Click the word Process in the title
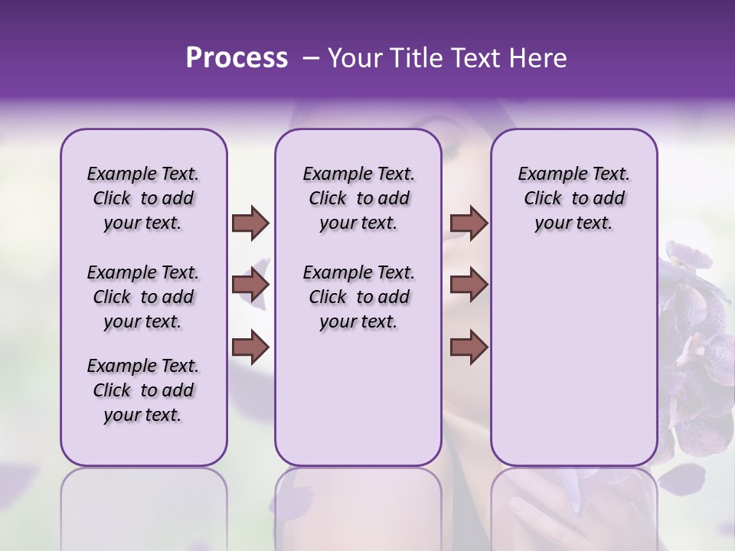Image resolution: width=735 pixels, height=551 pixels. [237, 58]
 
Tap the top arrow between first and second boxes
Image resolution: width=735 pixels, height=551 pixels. [250, 223]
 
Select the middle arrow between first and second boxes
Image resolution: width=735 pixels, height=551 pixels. [250, 285]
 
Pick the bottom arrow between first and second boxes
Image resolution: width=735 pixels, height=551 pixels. [250, 347]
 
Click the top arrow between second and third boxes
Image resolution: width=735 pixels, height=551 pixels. [469, 223]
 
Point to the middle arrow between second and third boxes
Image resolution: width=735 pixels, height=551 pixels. [469, 285]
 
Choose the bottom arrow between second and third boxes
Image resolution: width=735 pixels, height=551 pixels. [469, 347]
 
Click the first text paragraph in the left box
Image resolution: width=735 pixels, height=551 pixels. [143, 198]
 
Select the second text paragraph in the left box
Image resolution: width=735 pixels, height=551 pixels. [143, 297]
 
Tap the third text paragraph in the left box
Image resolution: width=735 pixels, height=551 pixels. [143, 390]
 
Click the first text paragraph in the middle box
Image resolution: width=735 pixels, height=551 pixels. [358, 198]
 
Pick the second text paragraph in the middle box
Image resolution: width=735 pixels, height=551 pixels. [358, 297]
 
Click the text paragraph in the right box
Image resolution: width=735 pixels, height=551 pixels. [573, 198]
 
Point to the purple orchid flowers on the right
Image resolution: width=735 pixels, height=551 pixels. [697, 344]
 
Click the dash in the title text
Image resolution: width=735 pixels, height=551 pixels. [311, 58]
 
